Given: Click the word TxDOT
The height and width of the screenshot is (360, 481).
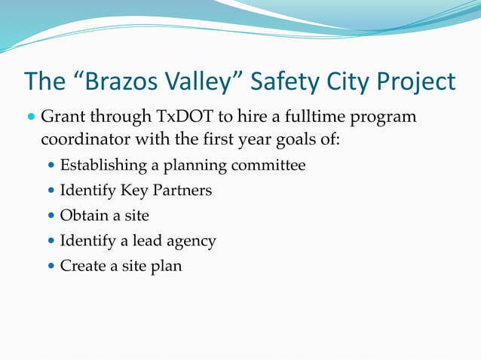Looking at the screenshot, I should coord(185,117).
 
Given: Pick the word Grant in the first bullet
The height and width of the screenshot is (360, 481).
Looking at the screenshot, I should coord(63,117).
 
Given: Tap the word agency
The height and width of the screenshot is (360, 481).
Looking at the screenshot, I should coord(191,241).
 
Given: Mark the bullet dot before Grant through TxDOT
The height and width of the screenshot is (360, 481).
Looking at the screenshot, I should coord(31,118).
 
